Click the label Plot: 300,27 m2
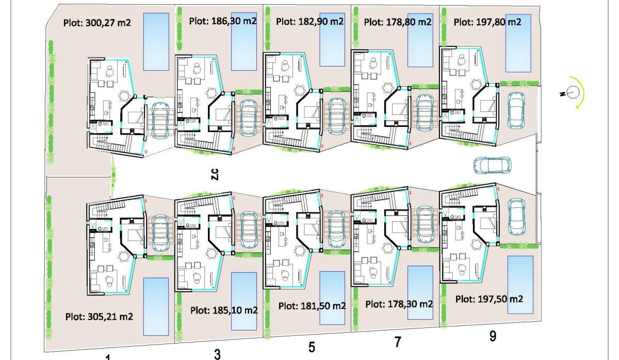tap(96, 22)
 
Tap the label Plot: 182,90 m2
tap(310, 22)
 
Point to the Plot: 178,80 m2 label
tap(398, 22)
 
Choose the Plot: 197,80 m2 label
tap(487, 22)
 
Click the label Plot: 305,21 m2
tap(100, 317)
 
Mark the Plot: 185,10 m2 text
tap(224, 310)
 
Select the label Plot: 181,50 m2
tap(312, 305)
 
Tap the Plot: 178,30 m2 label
tap(399, 304)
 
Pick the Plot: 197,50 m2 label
tap(490, 299)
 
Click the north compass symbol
tap(573, 93)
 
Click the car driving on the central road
tap(492, 165)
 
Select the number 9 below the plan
tap(493, 336)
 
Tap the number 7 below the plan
tap(397, 341)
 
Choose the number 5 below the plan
tap(312, 347)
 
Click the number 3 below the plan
tap(217, 354)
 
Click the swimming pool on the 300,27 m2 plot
tap(155, 41)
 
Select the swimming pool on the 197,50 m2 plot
tap(519, 284)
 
